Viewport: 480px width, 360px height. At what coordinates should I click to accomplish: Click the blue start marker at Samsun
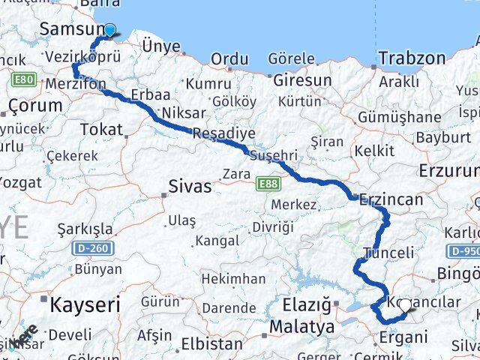point(109,31)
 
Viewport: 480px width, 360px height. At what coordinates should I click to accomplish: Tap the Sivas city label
point(190,186)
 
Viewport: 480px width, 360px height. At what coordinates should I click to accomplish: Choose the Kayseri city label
point(85,304)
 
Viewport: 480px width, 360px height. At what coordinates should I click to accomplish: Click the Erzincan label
point(391,200)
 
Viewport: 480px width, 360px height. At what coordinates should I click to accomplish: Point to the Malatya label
point(301,327)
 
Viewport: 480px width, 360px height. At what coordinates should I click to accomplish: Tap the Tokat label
point(100,130)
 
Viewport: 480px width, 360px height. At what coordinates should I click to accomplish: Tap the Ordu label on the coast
point(229,59)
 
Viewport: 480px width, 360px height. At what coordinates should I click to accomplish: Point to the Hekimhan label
point(233,279)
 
